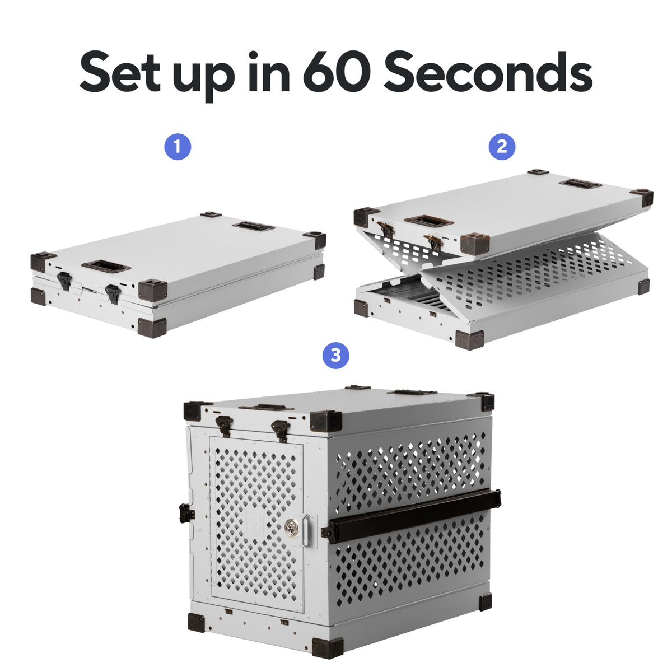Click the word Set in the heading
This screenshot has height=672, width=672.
coord(120,72)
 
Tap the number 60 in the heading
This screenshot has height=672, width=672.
coord(337,72)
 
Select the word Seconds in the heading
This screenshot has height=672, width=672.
coord(488,72)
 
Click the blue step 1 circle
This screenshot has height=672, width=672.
coord(178,147)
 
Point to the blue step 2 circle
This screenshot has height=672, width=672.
coord(502,147)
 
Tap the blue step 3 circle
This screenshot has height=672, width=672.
coord(335,355)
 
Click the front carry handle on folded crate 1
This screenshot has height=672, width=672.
coord(106,267)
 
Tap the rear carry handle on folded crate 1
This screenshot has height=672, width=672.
coord(254,226)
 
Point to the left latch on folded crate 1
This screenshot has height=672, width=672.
coord(65,281)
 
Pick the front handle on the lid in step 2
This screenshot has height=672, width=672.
coord(428,221)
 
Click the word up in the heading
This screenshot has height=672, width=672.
coord(204,77)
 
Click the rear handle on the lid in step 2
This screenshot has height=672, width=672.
coord(580,184)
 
